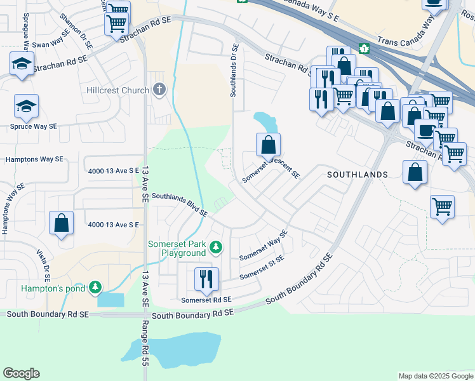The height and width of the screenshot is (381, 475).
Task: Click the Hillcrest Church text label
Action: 117,90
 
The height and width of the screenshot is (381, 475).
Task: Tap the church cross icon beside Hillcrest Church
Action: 159,90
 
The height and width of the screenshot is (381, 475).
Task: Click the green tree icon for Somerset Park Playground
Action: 217,246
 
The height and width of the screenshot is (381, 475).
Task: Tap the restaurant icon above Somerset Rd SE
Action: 206,277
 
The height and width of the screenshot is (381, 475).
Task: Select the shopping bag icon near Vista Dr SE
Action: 62,223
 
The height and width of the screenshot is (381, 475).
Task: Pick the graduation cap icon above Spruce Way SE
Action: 27,105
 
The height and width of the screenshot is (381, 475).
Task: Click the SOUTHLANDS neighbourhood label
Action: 357,174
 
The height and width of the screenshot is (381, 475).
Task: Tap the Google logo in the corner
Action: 21,373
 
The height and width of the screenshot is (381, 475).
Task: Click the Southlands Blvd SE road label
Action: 179,204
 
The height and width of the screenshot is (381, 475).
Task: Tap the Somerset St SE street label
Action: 262,267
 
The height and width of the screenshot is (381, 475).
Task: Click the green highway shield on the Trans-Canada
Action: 365,48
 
